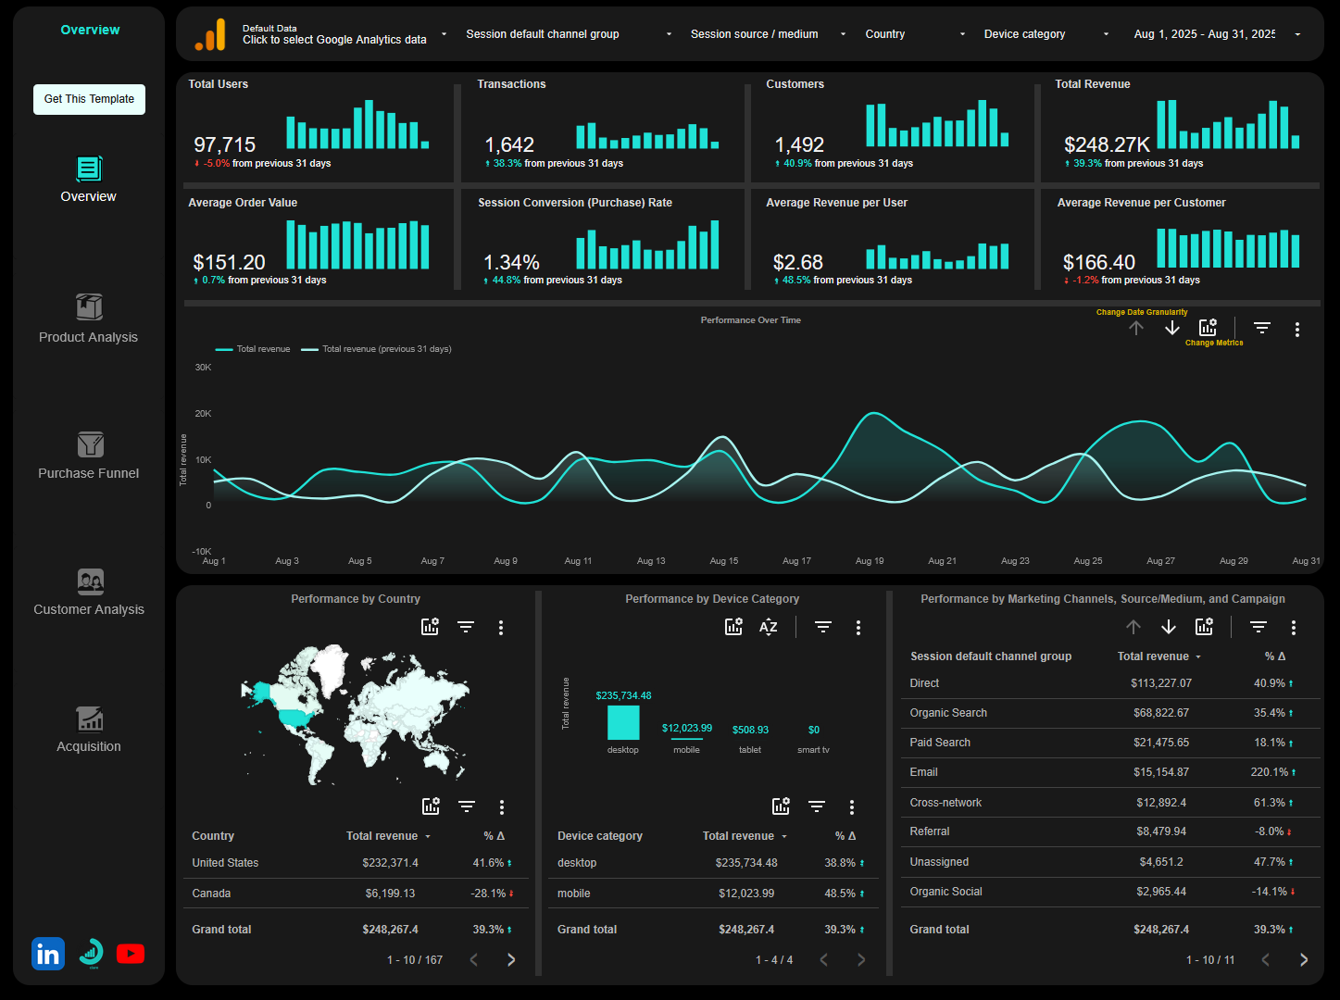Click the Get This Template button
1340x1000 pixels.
click(89, 99)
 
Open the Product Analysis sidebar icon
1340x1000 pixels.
click(89, 306)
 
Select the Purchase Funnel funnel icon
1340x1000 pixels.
click(90, 444)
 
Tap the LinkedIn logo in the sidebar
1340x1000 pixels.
click(48, 954)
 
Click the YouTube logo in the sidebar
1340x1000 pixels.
click(131, 954)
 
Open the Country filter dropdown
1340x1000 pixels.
click(914, 34)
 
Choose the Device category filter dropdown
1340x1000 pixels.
click(1045, 34)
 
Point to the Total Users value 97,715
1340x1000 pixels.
click(224, 145)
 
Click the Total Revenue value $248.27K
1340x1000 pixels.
click(1107, 145)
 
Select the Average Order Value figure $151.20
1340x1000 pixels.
click(229, 263)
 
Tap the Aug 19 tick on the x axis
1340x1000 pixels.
click(869, 561)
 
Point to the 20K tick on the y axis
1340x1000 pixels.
click(203, 414)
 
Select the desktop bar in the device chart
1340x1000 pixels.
click(623, 722)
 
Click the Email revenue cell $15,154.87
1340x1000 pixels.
click(1160, 772)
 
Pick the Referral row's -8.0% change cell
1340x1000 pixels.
click(1271, 831)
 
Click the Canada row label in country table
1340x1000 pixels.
click(211, 894)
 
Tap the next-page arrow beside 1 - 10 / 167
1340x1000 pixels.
click(511, 960)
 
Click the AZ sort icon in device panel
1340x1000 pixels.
click(769, 627)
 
